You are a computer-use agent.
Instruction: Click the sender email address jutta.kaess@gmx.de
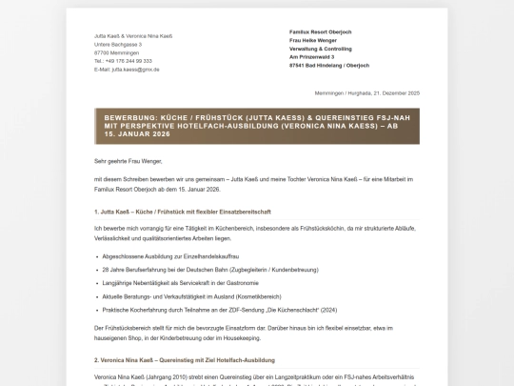127,70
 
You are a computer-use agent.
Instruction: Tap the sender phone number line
123,61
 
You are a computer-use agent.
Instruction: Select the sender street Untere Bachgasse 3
118,44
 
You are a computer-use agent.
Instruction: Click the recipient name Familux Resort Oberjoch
320,31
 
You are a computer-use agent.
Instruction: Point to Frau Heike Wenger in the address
314,40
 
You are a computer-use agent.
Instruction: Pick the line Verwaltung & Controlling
321,49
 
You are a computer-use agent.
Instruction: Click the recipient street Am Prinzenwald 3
312,57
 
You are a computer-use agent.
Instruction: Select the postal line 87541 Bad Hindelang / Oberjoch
329,66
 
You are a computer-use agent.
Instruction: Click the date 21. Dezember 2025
398,93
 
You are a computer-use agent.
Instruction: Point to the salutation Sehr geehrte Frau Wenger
128,161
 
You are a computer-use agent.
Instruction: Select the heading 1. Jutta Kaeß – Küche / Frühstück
182,211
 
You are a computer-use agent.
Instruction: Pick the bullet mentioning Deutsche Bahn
197,271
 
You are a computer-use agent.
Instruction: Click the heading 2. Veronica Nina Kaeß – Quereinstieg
185,360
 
